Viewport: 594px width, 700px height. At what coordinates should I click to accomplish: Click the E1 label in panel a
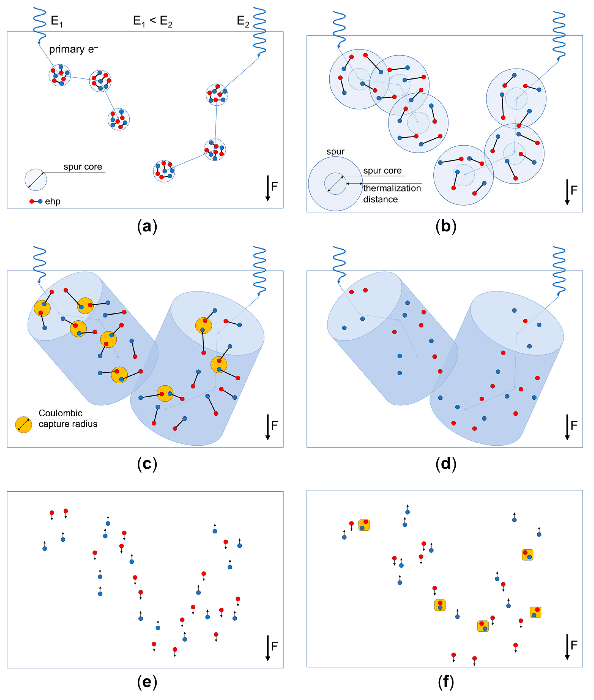57,21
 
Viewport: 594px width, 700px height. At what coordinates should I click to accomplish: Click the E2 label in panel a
243,21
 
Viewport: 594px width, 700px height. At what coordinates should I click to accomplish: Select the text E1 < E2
153,21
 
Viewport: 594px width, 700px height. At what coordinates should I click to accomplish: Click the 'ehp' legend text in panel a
53,202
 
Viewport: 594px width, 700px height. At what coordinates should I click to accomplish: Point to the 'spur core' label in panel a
83,167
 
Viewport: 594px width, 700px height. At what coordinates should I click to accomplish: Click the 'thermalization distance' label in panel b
392,194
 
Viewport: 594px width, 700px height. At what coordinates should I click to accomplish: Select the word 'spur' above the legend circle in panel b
335,152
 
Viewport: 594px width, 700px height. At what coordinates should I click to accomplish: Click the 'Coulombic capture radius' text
68,419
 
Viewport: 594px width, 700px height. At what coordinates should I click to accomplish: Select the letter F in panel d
574,425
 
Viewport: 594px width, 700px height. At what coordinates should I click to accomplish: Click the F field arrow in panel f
567,647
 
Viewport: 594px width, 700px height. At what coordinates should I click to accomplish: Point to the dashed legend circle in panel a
36,180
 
